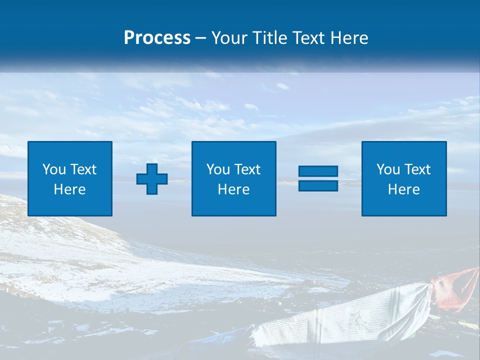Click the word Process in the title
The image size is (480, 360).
point(157,37)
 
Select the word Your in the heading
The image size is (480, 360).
point(229,37)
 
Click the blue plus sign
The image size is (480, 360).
point(152,178)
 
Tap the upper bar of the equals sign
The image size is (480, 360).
point(318,171)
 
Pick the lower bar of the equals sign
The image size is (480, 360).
point(318,185)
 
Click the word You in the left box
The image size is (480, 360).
point(54,169)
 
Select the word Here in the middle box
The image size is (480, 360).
point(233,189)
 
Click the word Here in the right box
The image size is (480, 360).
point(404,189)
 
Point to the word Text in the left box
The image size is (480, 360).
point(83,169)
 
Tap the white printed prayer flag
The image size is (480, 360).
point(345,315)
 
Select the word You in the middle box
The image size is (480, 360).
point(218,169)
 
